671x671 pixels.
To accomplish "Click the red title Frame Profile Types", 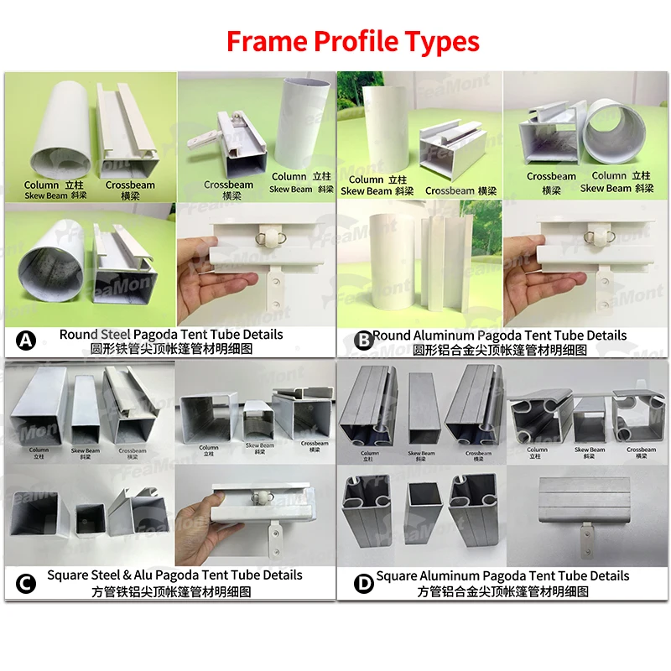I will point(353,41).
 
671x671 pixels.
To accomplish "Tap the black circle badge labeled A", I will point(26,340).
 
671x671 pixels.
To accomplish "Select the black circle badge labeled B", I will point(363,340).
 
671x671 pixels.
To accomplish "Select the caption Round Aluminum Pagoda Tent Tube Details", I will point(500,335).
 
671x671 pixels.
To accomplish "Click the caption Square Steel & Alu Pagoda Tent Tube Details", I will point(174,575).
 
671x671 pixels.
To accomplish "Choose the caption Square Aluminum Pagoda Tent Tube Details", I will point(502,575).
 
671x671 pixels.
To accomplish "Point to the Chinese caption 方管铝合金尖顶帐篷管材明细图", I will point(502,591).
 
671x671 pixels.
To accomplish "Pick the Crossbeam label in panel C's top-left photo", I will point(132,452).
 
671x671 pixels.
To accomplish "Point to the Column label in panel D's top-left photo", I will point(370,455).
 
